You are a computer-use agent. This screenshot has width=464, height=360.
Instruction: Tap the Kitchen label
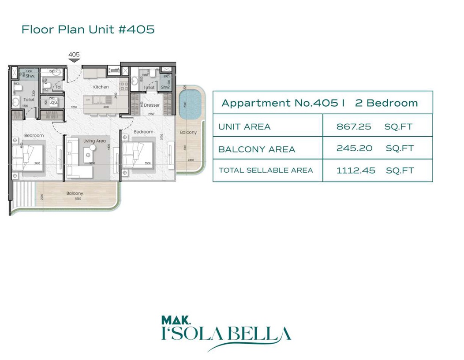point(101,87)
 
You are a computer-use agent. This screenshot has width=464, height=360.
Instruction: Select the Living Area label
point(94,141)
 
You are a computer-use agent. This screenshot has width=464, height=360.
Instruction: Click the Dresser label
point(152,105)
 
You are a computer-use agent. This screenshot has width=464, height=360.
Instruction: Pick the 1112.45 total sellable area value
point(355,170)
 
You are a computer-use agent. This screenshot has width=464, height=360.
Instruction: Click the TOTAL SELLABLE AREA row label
point(266,170)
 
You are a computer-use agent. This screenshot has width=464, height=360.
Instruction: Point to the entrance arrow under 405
point(74,61)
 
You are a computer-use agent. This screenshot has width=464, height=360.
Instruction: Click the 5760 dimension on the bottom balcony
point(78,199)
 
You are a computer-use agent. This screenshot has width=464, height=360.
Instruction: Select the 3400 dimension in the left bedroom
point(37,163)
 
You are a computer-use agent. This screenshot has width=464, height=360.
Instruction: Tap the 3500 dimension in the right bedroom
point(147,163)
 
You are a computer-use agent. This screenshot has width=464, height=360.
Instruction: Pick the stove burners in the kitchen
point(123,82)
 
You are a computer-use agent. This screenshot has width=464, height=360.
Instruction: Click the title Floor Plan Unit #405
point(88,30)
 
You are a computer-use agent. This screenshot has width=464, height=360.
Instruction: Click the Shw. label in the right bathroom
point(165,87)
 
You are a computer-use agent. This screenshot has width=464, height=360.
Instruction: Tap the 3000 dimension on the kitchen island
point(107,107)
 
